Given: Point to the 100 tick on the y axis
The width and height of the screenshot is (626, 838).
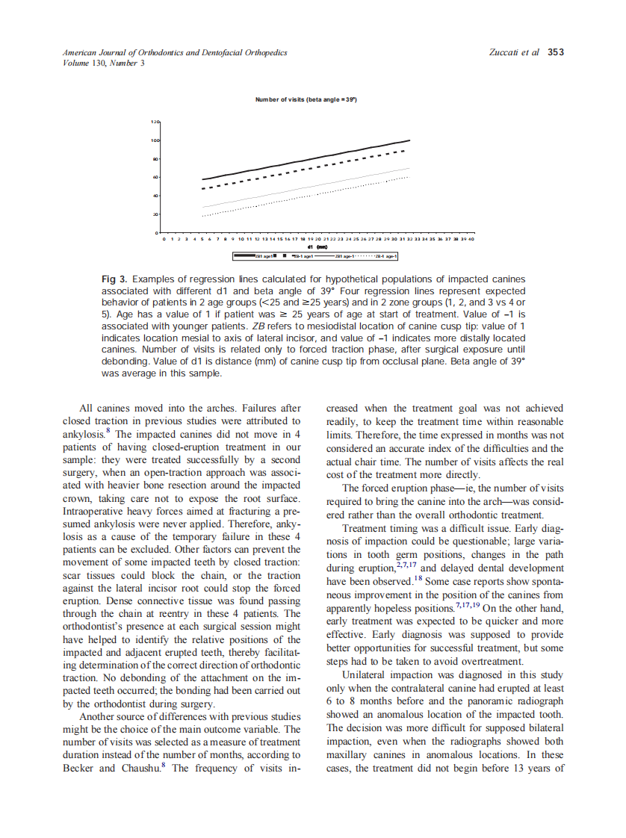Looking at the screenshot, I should (155, 140).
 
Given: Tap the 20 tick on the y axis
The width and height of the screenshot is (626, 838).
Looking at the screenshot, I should (155, 215).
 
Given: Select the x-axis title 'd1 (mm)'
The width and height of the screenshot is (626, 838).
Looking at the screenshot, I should (317, 246).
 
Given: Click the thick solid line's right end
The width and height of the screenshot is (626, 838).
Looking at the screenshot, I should (410, 140).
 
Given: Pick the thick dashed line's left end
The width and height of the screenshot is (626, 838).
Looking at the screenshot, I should (203, 188).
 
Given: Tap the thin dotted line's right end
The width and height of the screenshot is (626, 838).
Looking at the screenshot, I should (410, 177).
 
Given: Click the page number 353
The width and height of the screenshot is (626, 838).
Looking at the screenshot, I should (556, 53).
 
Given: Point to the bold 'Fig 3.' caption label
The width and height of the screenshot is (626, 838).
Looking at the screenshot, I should (115, 279).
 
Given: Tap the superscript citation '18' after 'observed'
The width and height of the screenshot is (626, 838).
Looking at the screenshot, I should (417, 579).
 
